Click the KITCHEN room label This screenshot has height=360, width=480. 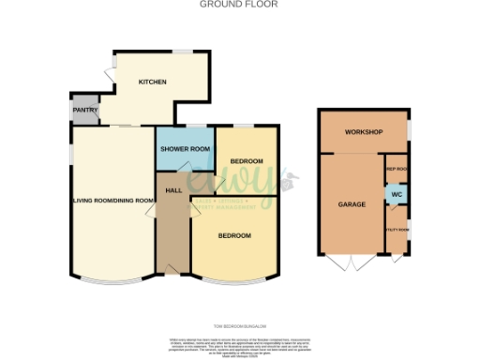pyautogui.click(x=153, y=82)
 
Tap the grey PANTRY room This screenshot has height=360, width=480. pyautogui.click(x=85, y=110)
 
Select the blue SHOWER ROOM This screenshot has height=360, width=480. pyautogui.click(x=185, y=149)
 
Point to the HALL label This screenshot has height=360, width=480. pyautogui.click(x=172, y=190)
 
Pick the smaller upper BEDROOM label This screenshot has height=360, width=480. pyautogui.click(x=247, y=161)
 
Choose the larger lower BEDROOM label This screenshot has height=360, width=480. pyautogui.click(x=234, y=234)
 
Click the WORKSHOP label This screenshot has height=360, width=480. pyautogui.click(x=364, y=132)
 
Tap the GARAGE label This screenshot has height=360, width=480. pyautogui.click(x=352, y=203)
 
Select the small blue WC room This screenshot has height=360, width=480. pyautogui.click(x=396, y=195)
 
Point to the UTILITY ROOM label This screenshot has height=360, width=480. pyautogui.click(x=397, y=228)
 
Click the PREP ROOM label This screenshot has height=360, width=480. pyautogui.click(x=397, y=169)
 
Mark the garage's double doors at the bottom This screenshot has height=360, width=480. pyautogui.click(x=348, y=259)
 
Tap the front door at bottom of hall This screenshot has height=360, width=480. pyautogui.click(x=172, y=272)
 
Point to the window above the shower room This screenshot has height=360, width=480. pyautogui.click(x=185, y=126)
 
